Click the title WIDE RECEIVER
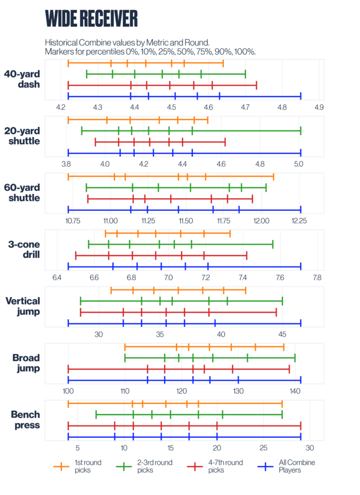tap(91, 18)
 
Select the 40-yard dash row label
tap(22, 79)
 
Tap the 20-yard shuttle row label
tap(22, 136)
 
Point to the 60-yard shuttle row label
tap(22, 192)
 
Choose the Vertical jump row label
tap(22, 306)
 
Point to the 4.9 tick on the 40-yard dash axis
tap(319, 106)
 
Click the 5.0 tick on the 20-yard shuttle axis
tap(298, 163)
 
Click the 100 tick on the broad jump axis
tap(68, 391)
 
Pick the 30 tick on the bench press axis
tap(310, 448)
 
